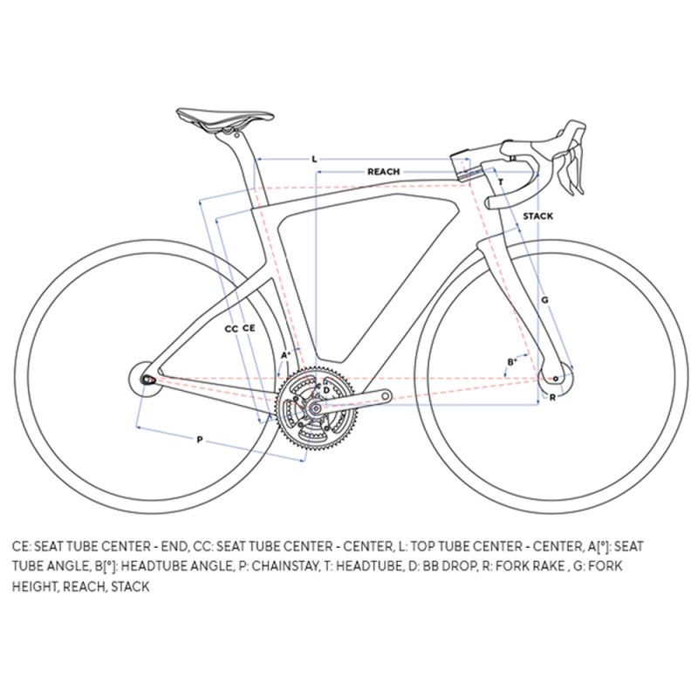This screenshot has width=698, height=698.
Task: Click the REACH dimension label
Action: point(383,172)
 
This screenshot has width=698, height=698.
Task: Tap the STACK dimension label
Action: point(537,216)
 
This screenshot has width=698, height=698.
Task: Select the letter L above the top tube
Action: point(314,159)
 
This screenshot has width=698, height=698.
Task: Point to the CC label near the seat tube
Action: point(231,329)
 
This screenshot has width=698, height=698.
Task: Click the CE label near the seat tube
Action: point(249,328)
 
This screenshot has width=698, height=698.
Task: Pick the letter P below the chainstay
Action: point(200,440)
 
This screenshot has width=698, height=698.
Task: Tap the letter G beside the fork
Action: point(544,300)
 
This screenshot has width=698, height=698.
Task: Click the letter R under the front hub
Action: point(552,398)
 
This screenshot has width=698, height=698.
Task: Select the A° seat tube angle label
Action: point(285,355)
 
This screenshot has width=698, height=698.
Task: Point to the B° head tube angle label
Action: point(512,362)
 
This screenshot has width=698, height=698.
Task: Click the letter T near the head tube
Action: point(501,182)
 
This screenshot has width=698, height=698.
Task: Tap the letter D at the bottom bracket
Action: point(326,390)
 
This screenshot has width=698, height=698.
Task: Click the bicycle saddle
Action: point(225,118)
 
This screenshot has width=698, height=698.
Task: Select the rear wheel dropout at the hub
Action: point(147,380)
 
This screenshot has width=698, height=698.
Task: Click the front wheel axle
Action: point(556,379)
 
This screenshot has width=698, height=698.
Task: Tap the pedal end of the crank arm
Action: point(386,395)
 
